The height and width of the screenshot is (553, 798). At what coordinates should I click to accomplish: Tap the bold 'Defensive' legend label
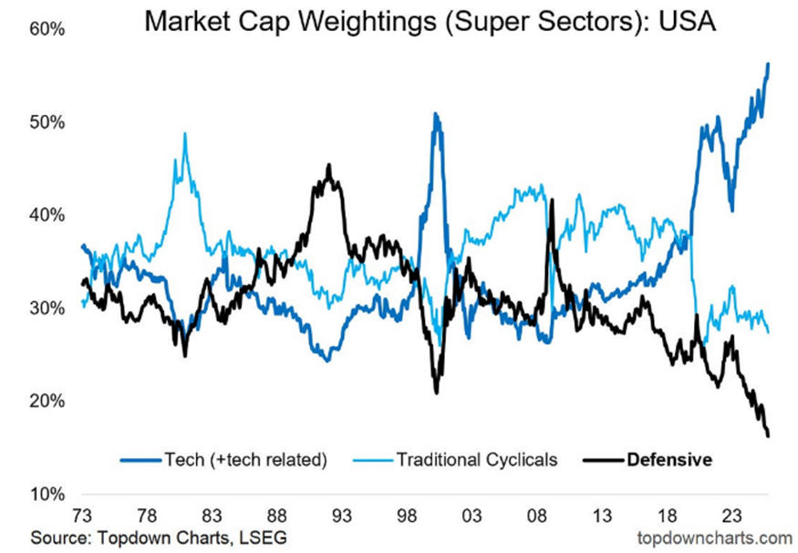coord(669,460)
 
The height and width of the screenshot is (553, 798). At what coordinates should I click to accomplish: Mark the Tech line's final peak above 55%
coord(769,64)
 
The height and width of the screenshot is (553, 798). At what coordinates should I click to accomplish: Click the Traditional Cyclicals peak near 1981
coord(185,134)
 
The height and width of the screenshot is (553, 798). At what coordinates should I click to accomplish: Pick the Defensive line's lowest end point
coord(769,435)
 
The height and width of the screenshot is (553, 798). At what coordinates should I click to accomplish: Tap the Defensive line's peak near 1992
coord(329,165)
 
